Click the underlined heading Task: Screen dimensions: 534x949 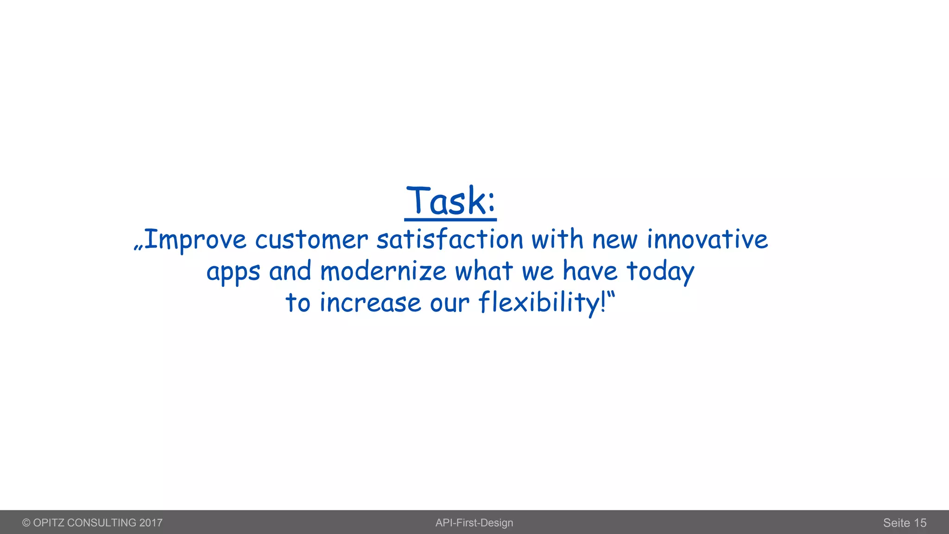click(450, 201)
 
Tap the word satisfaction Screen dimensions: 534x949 click(449, 240)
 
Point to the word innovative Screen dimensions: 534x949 click(708, 240)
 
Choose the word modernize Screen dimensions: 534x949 click(383, 271)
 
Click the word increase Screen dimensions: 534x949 click(370, 303)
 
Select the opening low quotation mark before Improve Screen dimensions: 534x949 click(138, 247)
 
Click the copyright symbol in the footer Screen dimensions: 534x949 click(26, 523)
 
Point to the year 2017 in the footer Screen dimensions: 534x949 click(151, 523)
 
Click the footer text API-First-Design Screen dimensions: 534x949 click(474, 523)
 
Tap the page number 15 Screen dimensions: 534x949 click(920, 523)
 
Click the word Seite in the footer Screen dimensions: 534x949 click(897, 523)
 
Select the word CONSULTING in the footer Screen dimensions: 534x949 click(101, 523)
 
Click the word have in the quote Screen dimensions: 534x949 click(590, 271)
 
